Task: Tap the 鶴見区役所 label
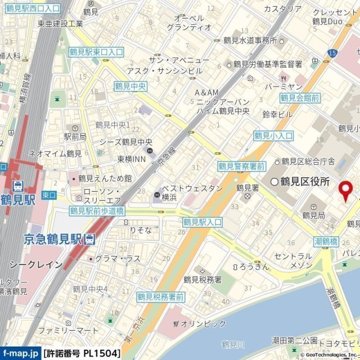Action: [x=304, y=181]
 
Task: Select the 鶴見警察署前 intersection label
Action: [x=242, y=166]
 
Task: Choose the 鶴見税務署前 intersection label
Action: [x=160, y=296]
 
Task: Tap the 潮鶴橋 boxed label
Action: [x=326, y=241]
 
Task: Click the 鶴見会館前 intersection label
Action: [x=300, y=98]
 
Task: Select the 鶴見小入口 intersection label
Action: [x=273, y=136]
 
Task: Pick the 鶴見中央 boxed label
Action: [x=130, y=86]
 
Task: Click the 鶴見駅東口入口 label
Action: [x=96, y=52]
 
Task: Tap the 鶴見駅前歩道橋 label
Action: [x=97, y=211]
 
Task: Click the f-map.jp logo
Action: [x=21, y=354]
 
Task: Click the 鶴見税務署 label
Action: [x=202, y=279]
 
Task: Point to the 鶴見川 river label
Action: [x=232, y=344]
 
